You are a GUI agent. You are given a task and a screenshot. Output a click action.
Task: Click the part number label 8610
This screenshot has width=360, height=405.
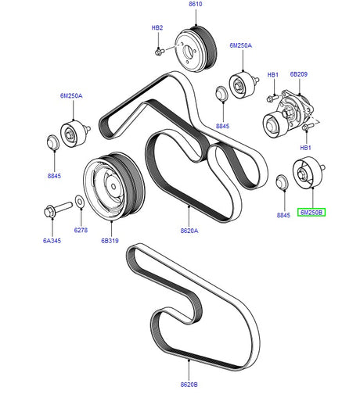(195, 5)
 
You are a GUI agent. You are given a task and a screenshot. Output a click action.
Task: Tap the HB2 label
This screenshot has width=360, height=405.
(157, 28)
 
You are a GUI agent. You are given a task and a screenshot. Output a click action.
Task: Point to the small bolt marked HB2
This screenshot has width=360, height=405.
(159, 52)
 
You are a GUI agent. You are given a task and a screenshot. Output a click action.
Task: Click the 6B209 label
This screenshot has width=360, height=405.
(298, 75)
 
